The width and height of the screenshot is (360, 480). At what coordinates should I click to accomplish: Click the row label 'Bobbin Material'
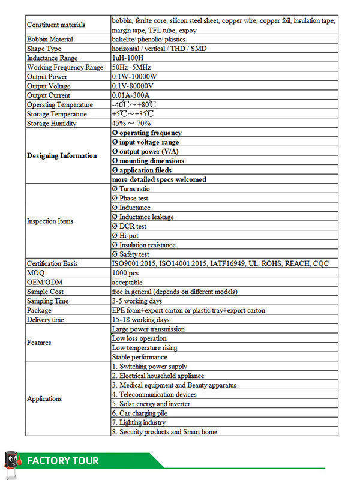pos(50,39)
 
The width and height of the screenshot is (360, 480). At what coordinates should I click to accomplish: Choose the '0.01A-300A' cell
pos(131,95)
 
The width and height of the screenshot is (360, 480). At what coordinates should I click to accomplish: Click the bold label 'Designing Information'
pos(62,156)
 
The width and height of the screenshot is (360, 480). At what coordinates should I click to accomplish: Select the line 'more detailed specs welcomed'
pos(159,179)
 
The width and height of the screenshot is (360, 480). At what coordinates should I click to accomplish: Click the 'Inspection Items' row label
pos(50,221)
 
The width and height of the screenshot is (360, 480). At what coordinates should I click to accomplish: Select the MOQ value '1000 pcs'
pos(126,273)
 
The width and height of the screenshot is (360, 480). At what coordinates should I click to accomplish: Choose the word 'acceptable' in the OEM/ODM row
pos(127,282)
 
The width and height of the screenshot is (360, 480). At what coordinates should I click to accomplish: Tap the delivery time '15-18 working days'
pos(140,320)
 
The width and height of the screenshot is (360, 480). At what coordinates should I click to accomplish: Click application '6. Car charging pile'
pos(139,413)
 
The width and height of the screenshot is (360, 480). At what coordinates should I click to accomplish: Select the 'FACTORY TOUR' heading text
pos(62,461)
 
